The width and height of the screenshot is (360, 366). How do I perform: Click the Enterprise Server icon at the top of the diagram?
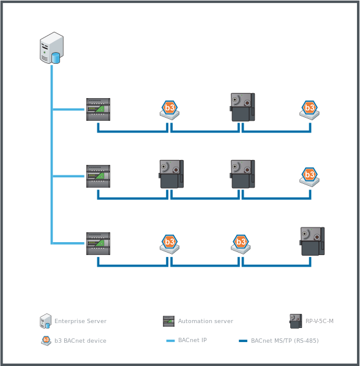coord(51,48)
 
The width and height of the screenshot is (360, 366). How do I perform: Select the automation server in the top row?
coord(98,109)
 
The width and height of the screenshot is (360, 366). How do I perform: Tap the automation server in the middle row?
coord(98,176)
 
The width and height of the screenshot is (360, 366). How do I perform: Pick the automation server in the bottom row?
coord(98,243)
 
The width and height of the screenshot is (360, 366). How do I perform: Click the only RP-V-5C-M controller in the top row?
coord(242,107)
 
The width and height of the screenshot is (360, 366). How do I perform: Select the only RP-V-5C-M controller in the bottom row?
coord(312,241)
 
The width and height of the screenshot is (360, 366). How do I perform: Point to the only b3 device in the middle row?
coord(310,177)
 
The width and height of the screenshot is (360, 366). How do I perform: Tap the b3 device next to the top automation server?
coord(170,109)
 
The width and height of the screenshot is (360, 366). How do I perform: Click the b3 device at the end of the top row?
coord(310,109)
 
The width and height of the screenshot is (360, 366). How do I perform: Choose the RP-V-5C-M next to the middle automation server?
coord(171,174)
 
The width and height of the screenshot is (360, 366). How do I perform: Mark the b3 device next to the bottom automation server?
coord(170,243)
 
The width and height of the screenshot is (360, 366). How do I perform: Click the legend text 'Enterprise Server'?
coord(80,321)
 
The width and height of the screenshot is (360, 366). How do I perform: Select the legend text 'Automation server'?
coord(205,321)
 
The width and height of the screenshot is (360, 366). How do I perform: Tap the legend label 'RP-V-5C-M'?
coord(319,321)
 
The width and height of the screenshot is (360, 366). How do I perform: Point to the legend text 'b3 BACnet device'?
coord(80,341)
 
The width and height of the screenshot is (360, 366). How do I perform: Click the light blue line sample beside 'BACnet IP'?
coord(171,341)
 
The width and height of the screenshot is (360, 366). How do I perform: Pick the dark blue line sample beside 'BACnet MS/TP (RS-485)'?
coord(243,341)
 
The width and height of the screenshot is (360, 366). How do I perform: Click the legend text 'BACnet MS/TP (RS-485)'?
coord(284,341)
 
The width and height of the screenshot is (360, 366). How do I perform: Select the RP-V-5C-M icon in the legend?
coord(296,321)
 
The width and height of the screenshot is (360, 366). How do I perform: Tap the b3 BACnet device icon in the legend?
coord(46,341)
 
